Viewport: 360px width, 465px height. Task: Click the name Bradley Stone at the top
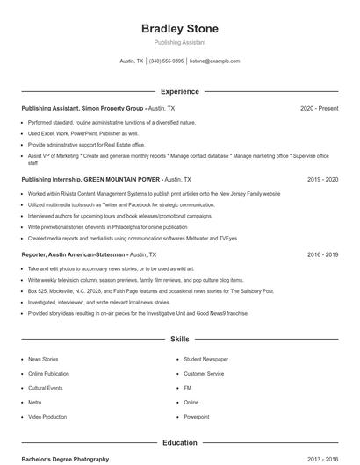point(180,29)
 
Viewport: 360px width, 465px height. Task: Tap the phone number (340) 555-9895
point(167,61)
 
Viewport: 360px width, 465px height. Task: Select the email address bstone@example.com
point(214,61)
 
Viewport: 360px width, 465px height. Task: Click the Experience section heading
point(180,91)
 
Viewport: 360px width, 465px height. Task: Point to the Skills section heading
point(180,339)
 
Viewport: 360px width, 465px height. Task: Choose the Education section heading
point(180,443)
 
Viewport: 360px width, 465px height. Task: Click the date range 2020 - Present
point(319,108)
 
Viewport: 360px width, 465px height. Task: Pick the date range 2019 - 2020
point(322,179)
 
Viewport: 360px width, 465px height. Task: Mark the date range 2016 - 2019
point(322,254)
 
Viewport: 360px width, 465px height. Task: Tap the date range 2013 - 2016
point(322,460)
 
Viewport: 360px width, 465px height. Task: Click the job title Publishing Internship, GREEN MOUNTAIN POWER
point(91,179)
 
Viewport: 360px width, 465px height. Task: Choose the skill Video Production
point(47,417)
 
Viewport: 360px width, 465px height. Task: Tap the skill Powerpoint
point(197,417)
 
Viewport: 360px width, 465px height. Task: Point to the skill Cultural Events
point(46,388)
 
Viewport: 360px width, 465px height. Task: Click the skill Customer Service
point(204,373)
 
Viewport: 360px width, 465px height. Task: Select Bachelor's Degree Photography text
point(66,460)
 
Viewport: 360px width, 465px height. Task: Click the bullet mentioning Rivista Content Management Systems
point(154,193)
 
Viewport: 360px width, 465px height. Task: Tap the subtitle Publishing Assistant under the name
point(180,42)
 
